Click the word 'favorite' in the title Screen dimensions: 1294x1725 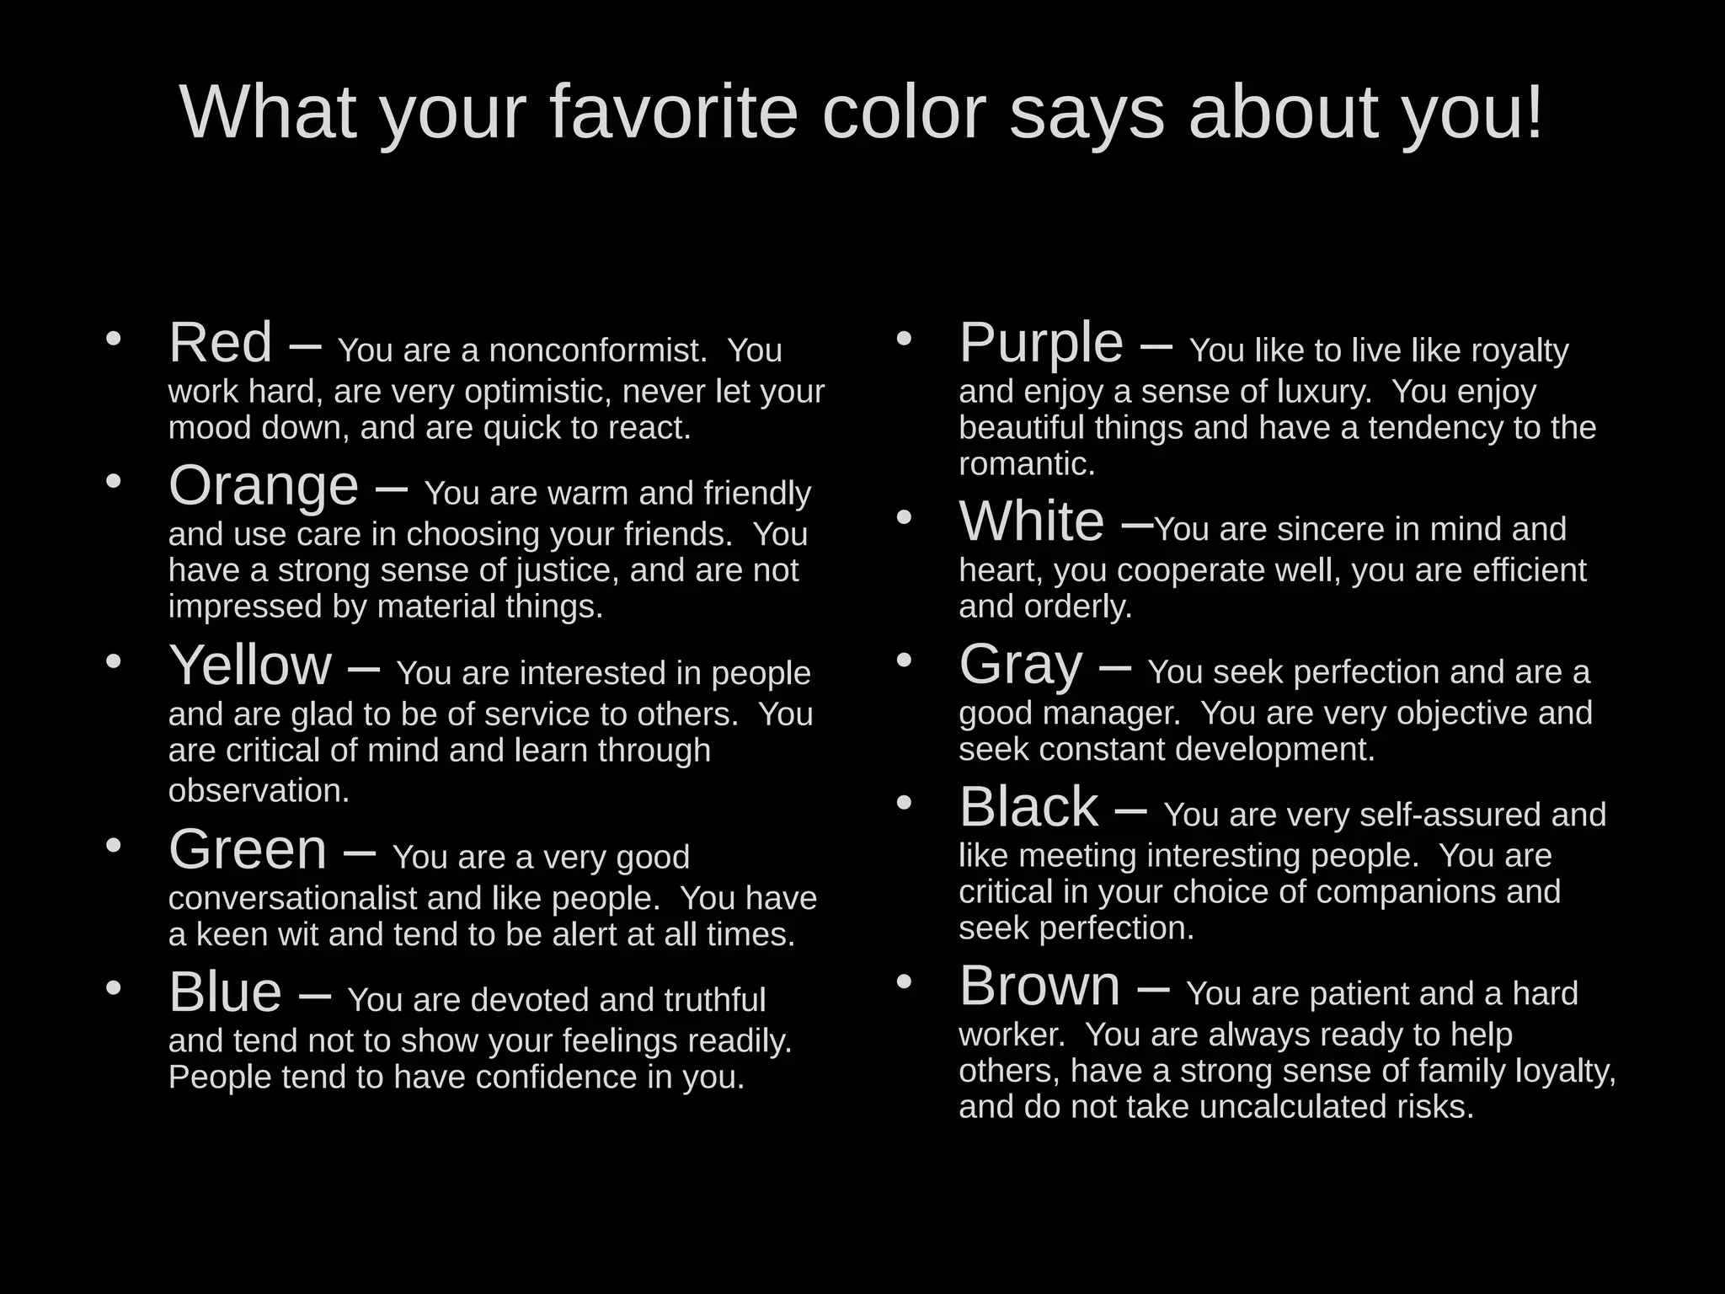coord(673,112)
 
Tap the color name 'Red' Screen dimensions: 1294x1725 coord(220,343)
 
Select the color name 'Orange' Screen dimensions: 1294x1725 coord(263,486)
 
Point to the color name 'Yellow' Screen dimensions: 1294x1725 coord(250,666)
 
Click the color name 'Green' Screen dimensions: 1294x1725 coord(248,849)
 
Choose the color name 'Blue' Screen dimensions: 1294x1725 coord(225,992)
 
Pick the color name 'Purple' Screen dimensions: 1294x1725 coord(1041,344)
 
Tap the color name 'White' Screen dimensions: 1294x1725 coord(1031,521)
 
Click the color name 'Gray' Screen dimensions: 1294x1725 coord(1020,665)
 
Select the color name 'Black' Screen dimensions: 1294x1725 coord(1028,807)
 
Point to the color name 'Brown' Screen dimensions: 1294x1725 coord(1039,986)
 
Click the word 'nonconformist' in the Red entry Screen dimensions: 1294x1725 coord(596,350)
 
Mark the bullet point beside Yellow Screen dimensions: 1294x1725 coord(114,661)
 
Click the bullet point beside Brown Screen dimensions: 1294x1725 coord(904,981)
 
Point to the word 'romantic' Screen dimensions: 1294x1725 coord(1025,464)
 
